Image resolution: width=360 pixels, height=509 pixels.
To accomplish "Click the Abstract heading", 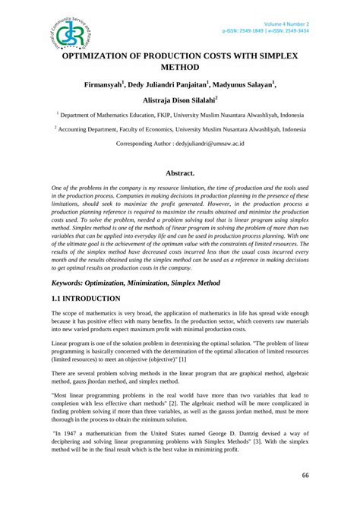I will pyautogui.click(x=181, y=173).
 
